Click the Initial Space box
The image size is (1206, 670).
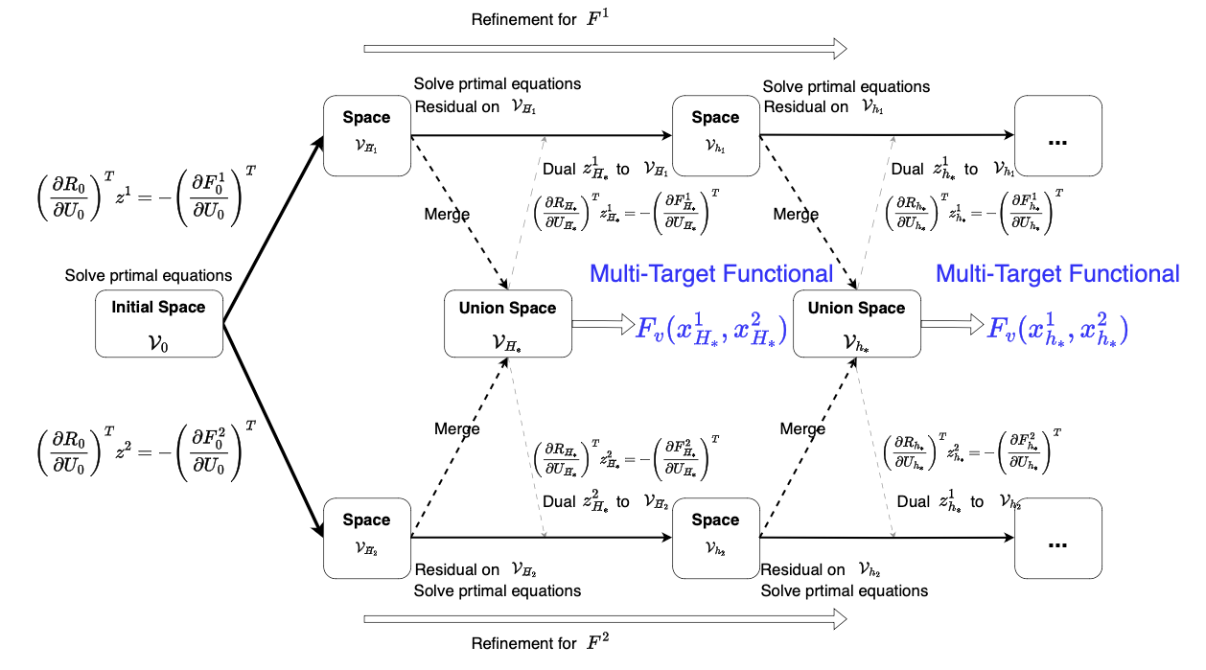(x=159, y=324)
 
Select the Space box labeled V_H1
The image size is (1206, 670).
(x=366, y=135)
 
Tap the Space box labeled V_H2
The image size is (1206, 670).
(x=366, y=537)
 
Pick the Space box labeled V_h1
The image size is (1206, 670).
(x=715, y=135)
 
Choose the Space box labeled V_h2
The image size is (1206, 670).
(x=715, y=537)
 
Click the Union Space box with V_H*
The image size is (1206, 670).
(x=507, y=324)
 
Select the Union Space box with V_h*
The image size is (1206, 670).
(x=856, y=324)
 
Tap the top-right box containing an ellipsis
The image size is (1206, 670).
(x=1058, y=135)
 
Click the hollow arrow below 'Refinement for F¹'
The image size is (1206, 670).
(x=606, y=48)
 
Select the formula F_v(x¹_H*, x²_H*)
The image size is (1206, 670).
(x=711, y=327)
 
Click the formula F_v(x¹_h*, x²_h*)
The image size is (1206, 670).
(x=1058, y=327)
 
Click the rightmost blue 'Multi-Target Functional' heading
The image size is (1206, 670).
(x=1057, y=274)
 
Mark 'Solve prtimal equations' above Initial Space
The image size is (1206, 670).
(x=149, y=276)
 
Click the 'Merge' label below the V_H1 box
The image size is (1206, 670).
(x=447, y=215)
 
